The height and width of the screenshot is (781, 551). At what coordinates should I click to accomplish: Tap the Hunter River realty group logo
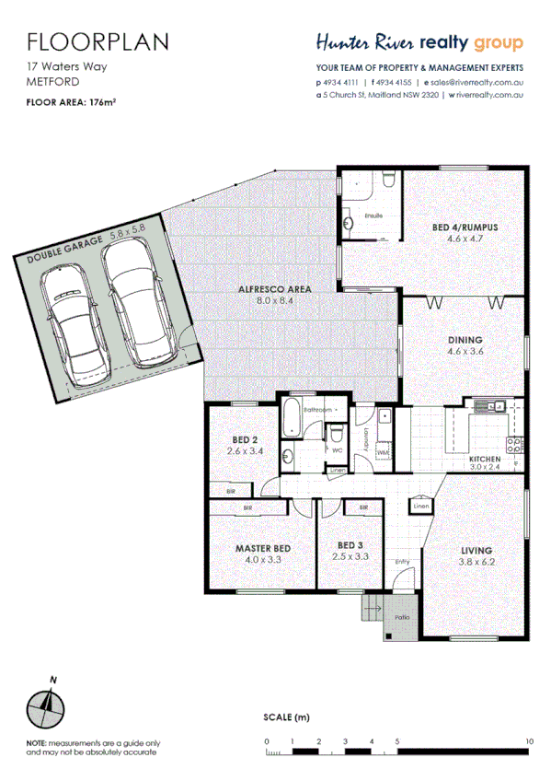click(419, 43)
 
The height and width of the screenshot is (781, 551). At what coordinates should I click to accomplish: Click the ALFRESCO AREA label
click(274, 289)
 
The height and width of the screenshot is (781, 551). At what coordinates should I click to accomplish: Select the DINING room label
click(465, 340)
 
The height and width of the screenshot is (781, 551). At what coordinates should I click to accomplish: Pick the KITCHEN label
click(484, 459)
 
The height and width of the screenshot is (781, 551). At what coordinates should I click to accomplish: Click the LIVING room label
click(476, 551)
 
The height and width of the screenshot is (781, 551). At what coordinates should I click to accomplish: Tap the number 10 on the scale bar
click(529, 741)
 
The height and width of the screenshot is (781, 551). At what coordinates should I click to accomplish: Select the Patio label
click(401, 617)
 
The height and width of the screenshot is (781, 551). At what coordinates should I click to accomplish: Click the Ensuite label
click(373, 216)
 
